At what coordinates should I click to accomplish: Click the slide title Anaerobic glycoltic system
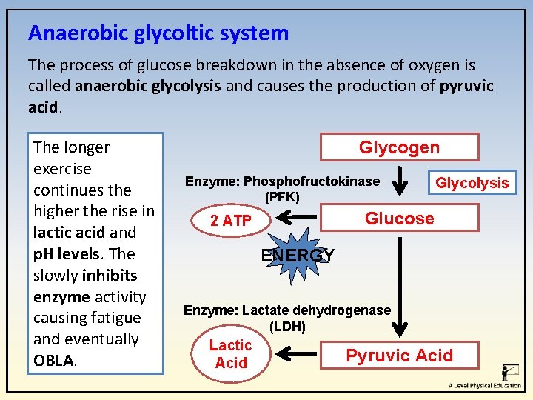[x=158, y=33]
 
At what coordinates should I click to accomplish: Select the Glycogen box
[x=399, y=147]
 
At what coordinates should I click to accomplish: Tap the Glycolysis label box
[x=472, y=183]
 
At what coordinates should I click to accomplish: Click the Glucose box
[x=399, y=218]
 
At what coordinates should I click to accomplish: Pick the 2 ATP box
[x=230, y=221]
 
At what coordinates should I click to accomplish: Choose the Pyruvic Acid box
[x=399, y=356]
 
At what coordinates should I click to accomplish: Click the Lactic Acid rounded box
[x=230, y=354]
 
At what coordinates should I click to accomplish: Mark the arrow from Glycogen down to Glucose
[x=400, y=180]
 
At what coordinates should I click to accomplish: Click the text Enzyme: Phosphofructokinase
[x=282, y=181]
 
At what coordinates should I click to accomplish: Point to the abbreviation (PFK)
[x=282, y=197]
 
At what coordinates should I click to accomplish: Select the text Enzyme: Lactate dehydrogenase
[x=287, y=310]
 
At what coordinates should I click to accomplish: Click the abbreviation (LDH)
[x=287, y=327]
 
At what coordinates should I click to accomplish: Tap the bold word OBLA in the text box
[x=53, y=360]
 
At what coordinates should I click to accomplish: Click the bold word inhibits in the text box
[x=110, y=275]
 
